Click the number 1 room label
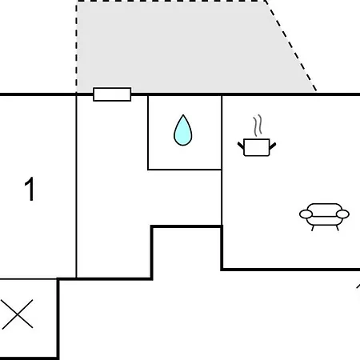pos(30,189)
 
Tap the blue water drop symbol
pos(183,130)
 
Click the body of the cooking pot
pos(257,147)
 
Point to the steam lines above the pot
pos(258,126)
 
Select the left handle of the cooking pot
pos(241,146)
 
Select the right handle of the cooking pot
pos(273,146)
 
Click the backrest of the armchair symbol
pos(324,208)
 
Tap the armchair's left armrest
pos(306,214)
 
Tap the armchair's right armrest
pos(342,214)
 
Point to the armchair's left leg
pos(313,228)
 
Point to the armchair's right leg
pos(338,228)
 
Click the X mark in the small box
pos(17,314)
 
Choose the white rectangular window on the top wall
pos(112,94)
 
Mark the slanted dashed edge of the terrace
pos(290,46)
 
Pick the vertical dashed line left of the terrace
pos(77,47)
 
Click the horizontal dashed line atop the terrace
pos(170,1)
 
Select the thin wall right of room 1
pos(76,186)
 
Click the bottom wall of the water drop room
pos(185,170)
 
